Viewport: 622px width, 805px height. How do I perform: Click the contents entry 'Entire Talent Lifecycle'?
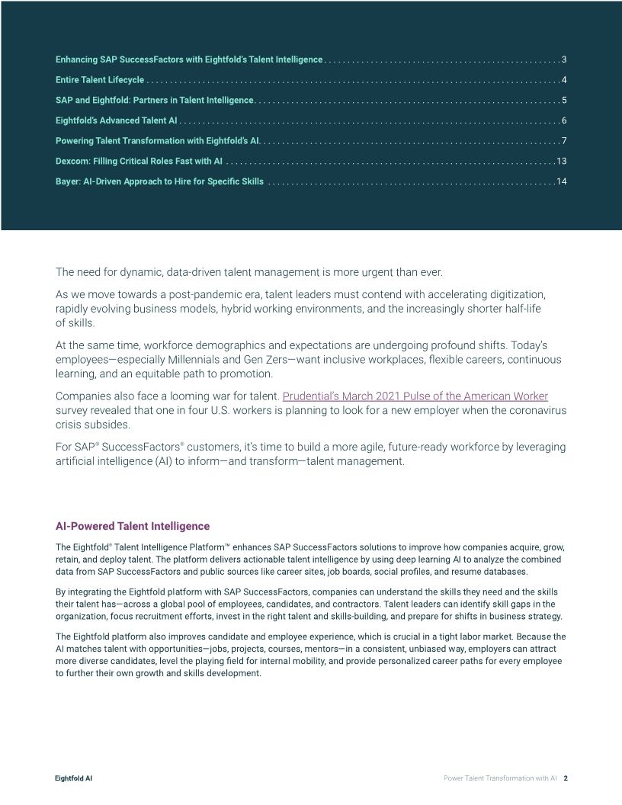pyautogui.click(x=100, y=80)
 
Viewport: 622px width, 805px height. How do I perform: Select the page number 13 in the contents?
pyautogui.click(x=562, y=161)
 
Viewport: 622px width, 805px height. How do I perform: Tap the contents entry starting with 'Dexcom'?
pyautogui.click(x=139, y=161)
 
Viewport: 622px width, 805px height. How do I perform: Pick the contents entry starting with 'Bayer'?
pyautogui.click(x=159, y=181)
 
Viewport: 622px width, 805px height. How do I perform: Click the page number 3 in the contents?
pyautogui.click(x=563, y=59)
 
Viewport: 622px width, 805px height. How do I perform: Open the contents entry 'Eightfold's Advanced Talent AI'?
pyautogui.click(x=117, y=120)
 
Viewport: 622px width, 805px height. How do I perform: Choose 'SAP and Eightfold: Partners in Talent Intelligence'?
pyautogui.click(x=154, y=101)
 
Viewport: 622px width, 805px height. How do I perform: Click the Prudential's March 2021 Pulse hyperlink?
pyautogui.click(x=415, y=396)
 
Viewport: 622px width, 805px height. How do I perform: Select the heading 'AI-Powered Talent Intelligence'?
pyautogui.click(x=132, y=527)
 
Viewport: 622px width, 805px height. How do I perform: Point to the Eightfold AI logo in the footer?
pyautogui.click(x=74, y=778)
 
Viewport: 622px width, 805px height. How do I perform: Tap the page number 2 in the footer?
pyautogui.click(x=566, y=778)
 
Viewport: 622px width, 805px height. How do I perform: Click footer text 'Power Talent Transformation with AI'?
pyautogui.click(x=500, y=778)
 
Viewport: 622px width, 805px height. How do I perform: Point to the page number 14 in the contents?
pyautogui.click(x=562, y=181)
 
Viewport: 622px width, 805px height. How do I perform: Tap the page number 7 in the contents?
pyautogui.click(x=563, y=141)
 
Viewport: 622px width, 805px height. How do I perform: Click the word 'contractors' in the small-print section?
pyautogui.click(x=354, y=605)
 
